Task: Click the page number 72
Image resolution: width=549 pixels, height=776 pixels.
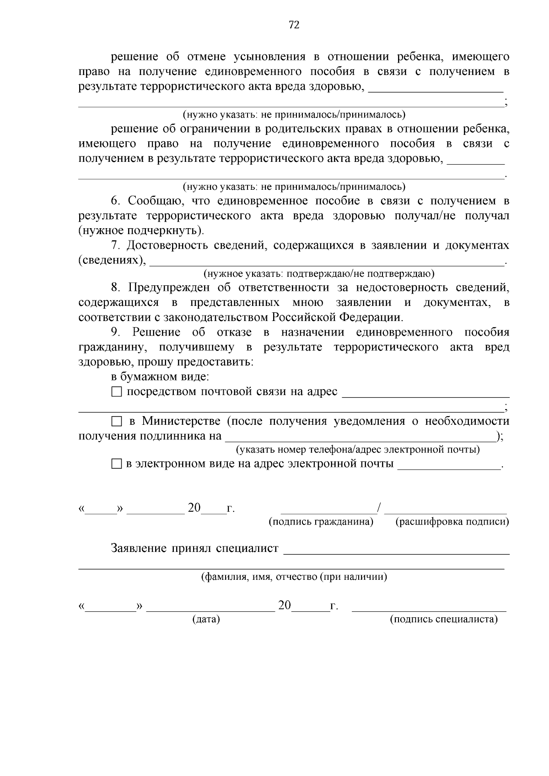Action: click(x=294, y=25)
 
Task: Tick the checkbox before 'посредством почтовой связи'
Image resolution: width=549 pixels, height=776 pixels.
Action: click(x=117, y=392)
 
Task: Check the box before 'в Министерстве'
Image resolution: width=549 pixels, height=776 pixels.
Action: click(x=117, y=421)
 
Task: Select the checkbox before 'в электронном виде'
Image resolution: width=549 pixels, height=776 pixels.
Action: click(x=117, y=465)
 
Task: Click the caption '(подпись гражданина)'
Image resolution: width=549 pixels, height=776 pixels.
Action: click(x=321, y=522)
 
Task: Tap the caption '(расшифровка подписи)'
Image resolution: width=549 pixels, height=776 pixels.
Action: click(x=452, y=522)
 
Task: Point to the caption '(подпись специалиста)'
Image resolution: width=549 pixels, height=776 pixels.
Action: click(x=443, y=619)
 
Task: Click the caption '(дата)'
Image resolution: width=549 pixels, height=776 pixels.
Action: click(x=206, y=619)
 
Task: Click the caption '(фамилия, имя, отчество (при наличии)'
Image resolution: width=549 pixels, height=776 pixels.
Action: click(x=294, y=577)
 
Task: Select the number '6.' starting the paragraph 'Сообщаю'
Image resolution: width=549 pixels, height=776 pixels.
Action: click(x=116, y=201)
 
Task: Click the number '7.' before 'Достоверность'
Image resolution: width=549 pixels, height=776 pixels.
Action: click(x=116, y=246)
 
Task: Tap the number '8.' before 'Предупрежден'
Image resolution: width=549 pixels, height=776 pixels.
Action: click(x=116, y=288)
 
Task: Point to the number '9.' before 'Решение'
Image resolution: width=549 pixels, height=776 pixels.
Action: click(x=116, y=332)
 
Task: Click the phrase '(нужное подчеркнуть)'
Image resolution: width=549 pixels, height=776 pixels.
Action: click(x=141, y=230)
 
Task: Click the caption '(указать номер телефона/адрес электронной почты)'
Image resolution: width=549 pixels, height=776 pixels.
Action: click(x=358, y=450)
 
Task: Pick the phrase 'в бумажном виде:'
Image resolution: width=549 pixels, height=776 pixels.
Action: click(x=160, y=377)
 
